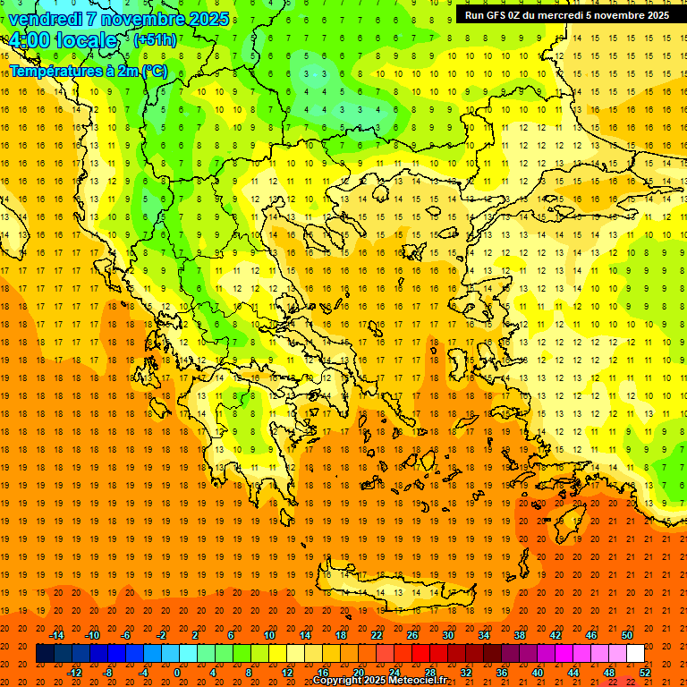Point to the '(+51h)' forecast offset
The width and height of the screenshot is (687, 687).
coord(155,40)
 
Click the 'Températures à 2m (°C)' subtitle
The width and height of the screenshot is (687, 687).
coord(88,71)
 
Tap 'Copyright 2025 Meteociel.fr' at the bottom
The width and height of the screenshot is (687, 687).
coord(379,681)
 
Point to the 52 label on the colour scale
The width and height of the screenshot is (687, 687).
coord(645,673)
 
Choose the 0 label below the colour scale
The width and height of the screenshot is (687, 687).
coord(177,673)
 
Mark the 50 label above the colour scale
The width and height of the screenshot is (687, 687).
coord(627,635)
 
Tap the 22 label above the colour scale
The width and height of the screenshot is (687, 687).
coord(377,635)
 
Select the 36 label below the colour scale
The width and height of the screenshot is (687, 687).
coord(502,673)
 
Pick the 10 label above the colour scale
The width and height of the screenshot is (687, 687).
coord(269,635)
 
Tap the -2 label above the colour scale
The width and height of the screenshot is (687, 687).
coord(162,635)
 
